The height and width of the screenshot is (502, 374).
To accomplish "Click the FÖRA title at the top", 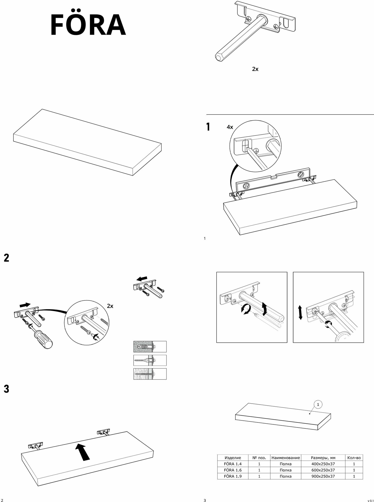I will (88, 25).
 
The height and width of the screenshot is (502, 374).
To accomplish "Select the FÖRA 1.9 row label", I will (233, 476).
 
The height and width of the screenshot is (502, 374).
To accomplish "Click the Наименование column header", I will (286, 458).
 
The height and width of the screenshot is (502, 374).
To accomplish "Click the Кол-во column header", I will (354, 458).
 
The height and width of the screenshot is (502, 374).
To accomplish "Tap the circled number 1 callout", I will (318, 404).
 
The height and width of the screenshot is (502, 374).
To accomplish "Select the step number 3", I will (7, 389).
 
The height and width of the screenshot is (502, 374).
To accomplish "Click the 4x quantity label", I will (230, 127).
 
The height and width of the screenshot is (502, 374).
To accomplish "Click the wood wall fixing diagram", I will (150, 374).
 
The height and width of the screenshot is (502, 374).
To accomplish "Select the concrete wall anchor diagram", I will (150, 346).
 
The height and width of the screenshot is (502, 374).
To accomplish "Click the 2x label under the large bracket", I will (255, 69).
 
